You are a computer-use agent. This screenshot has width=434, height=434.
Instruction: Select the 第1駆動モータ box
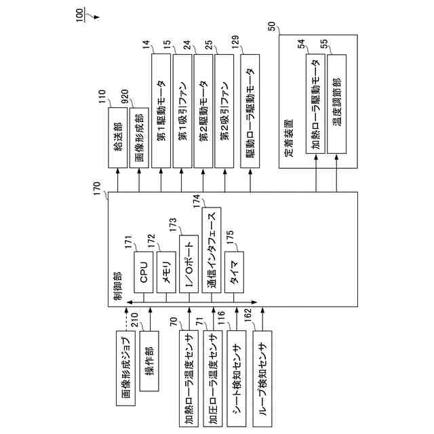click(x=160, y=110)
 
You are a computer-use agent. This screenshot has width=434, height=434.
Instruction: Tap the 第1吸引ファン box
click(x=182, y=110)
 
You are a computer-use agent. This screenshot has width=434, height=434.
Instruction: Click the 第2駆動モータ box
click(x=203, y=110)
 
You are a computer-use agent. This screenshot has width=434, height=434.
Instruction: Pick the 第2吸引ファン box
click(x=223, y=110)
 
